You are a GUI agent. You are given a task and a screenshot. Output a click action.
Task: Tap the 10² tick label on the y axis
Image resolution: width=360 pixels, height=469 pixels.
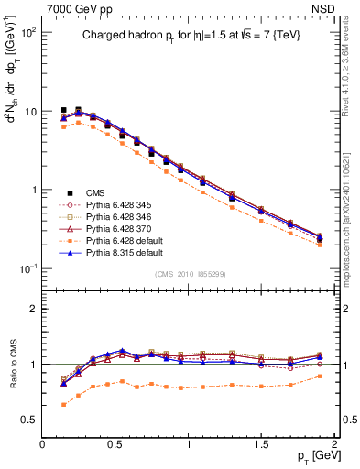tap(27, 32)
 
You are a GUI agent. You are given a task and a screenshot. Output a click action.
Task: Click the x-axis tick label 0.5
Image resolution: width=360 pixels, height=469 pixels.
tap(115, 444)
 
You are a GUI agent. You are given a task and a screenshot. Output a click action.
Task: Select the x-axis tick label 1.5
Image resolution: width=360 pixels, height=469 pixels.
tap(262, 444)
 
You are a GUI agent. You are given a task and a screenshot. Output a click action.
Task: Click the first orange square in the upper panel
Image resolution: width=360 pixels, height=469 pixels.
tap(63, 126)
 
